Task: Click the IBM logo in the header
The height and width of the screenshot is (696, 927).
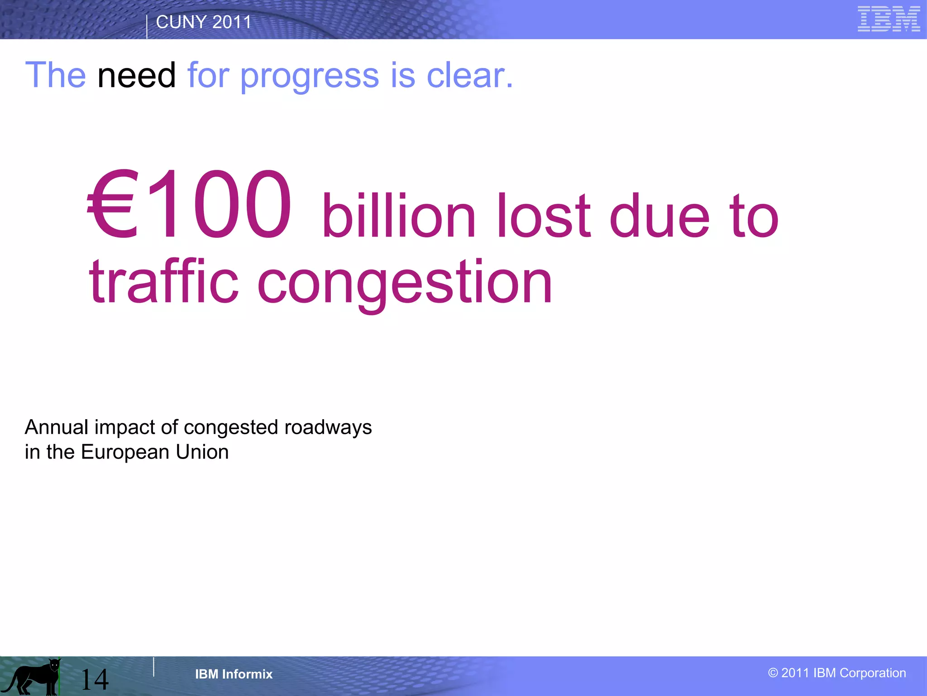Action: click(889, 19)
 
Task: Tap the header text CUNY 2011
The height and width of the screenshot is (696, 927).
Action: click(203, 22)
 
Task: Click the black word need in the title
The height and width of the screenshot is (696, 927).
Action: click(136, 75)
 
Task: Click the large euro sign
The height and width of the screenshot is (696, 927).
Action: click(111, 204)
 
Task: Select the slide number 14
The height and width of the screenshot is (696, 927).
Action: click(95, 679)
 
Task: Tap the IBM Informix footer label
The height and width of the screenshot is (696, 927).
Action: click(234, 674)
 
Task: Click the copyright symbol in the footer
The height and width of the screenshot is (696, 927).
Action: click(773, 673)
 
